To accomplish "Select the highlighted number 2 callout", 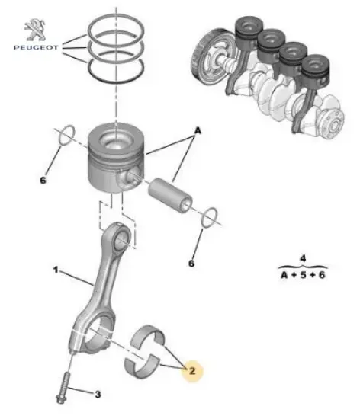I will tap(192, 371).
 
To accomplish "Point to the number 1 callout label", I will tap(55, 270).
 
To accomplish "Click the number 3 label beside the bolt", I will tap(97, 394).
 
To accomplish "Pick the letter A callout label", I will tap(197, 131).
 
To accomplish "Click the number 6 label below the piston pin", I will tap(191, 264).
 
